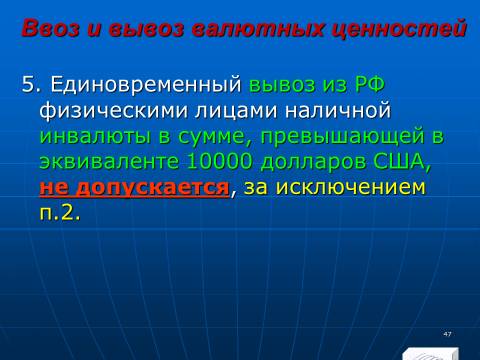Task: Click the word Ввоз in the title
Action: (x=50, y=28)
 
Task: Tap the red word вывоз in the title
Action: (x=146, y=28)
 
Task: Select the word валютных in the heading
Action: (x=258, y=28)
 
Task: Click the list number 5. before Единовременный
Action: (x=30, y=84)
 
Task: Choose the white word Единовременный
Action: (x=146, y=85)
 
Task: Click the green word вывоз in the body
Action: (x=282, y=85)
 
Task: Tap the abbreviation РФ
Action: (x=370, y=85)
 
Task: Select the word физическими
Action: (x=114, y=111)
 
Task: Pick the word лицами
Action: (x=236, y=111)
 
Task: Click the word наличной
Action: (x=337, y=110)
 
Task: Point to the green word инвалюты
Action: (x=95, y=136)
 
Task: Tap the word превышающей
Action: (x=342, y=137)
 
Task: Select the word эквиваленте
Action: (x=109, y=162)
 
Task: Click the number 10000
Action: (x=219, y=162)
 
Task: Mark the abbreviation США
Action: (x=399, y=162)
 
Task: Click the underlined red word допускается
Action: (x=153, y=188)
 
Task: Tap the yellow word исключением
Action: (x=351, y=187)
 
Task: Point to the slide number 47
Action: (x=447, y=334)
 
